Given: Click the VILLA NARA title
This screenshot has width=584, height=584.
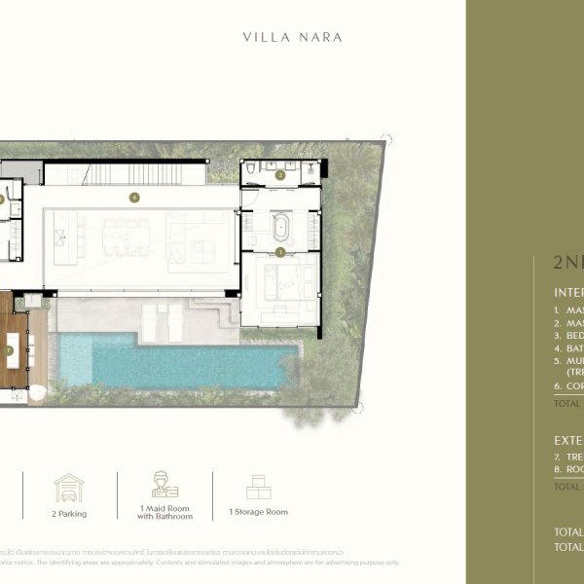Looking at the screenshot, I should tap(292, 38).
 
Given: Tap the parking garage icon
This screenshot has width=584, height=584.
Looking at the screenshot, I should tap(69, 488).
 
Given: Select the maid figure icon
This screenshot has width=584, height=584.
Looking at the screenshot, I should tap(164, 485).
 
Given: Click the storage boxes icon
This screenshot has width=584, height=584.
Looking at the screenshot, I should tap(258, 488).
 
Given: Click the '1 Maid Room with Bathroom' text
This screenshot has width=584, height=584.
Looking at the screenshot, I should tap(164, 514).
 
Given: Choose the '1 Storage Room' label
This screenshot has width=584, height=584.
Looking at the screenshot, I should tap(258, 512).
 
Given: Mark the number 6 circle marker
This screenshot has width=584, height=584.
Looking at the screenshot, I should tap(134, 198).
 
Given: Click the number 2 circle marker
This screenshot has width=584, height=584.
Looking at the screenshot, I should tap(280, 175).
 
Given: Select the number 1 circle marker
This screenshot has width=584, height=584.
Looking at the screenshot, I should tap(280, 253).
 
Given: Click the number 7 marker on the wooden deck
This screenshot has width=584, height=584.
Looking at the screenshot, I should tap(9, 349).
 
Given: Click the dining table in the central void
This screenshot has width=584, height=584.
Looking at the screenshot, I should tap(126, 236).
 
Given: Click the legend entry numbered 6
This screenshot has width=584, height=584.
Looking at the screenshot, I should tap(568, 386).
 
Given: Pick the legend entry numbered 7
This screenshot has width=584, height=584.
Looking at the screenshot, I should tap(568, 456).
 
